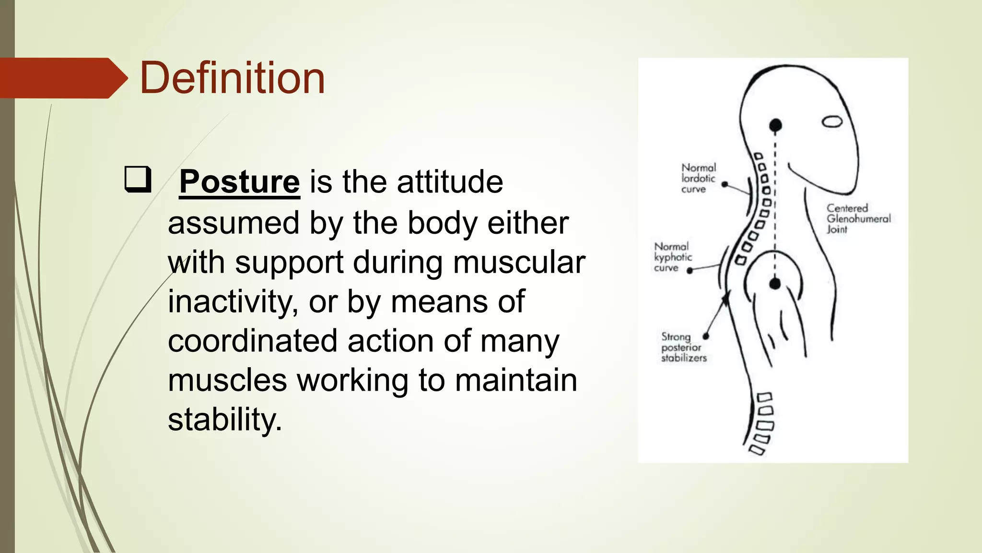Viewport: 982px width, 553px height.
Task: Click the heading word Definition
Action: (x=232, y=78)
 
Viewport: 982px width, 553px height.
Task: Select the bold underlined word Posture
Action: (x=239, y=182)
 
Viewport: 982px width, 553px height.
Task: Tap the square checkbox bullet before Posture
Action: (x=138, y=179)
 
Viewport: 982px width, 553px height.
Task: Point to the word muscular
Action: (x=519, y=263)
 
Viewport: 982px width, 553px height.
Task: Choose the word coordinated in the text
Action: (x=252, y=341)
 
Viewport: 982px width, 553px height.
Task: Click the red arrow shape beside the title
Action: (x=62, y=78)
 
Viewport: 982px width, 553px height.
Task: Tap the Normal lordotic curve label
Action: (x=698, y=178)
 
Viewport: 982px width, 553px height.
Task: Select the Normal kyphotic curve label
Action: (x=672, y=257)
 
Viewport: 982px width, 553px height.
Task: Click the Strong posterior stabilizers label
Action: (x=683, y=347)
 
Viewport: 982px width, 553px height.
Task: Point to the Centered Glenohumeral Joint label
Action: (x=857, y=218)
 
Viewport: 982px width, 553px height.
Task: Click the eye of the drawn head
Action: (x=832, y=121)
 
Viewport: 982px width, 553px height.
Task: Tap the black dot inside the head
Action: (x=775, y=126)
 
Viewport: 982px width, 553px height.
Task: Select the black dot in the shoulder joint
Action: (x=775, y=284)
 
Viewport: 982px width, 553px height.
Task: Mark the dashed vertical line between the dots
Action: (x=775, y=206)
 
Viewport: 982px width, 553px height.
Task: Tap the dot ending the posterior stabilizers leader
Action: (x=705, y=336)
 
